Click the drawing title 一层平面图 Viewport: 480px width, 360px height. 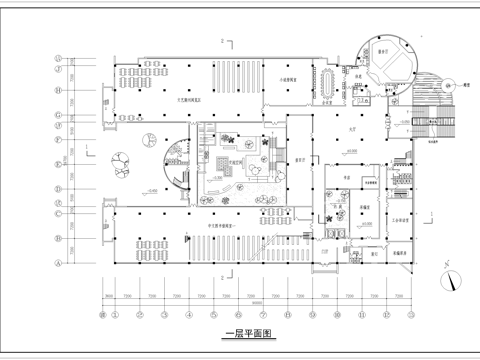tap(245, 333)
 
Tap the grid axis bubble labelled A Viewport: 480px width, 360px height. tap(58, 264)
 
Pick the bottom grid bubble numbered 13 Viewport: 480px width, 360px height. tap(410, 314)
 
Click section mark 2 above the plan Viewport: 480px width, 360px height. tap(220, 41)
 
